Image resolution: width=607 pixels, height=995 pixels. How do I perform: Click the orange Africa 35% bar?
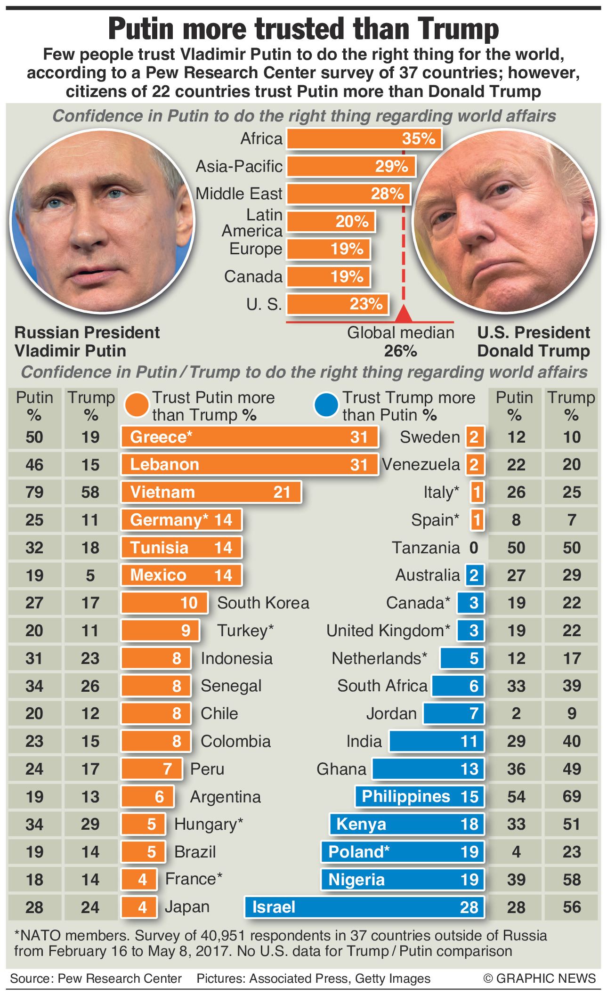coord(364,139)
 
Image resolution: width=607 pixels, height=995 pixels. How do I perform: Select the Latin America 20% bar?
coord(331,221)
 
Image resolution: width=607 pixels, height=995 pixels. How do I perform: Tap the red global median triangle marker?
coord(404,314)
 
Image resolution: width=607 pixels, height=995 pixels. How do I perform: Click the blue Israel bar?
coord(364,907)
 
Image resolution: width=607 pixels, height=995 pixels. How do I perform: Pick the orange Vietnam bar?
coord(211,492)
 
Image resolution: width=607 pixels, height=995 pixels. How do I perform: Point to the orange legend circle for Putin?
coord(137,405)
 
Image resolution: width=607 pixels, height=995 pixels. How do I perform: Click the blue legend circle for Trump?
coord(326,405)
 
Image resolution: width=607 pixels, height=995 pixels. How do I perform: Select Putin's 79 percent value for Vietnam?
coord(34,492)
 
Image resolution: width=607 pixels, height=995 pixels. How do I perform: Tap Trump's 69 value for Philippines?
coord(571,796)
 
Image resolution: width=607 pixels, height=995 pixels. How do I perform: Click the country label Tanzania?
coord(426,548)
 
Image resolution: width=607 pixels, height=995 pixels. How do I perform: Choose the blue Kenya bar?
coord(407,824)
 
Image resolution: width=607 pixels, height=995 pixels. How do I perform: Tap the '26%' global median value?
coord(400,351)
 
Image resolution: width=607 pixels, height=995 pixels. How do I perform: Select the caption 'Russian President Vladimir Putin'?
coord(87,341)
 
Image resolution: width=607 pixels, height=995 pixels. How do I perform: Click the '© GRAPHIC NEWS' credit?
coord(539,978)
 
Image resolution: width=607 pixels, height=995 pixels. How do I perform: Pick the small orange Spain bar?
coord(477,520)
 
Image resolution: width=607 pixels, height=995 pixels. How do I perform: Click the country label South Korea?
coord(263,603)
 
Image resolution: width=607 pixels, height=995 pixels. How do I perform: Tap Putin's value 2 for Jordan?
coord(516,713)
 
